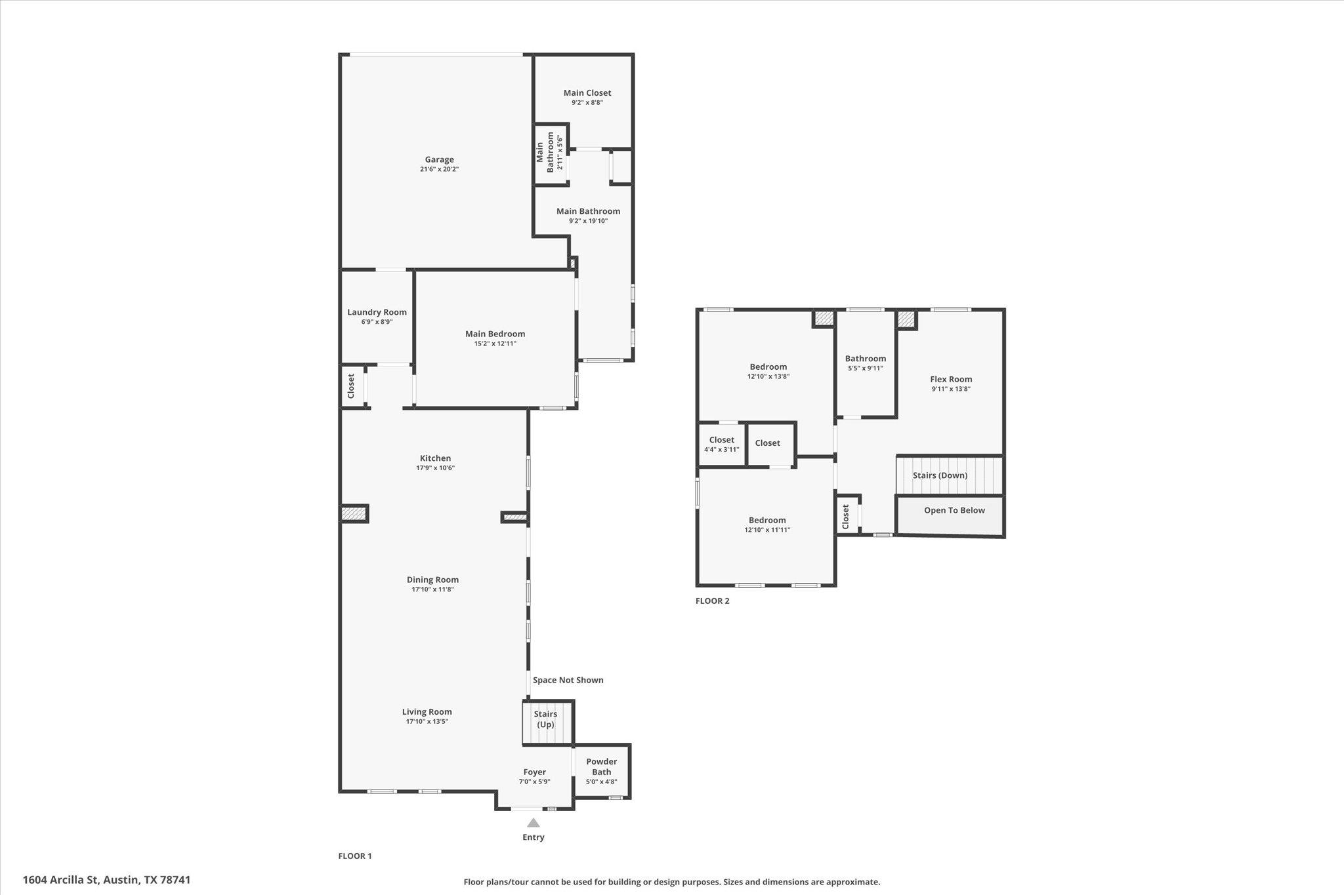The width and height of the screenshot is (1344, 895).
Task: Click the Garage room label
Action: point(439,159)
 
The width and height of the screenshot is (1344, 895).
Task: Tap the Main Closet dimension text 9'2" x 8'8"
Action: point(587,103)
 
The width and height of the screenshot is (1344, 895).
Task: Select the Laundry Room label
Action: point(377,312)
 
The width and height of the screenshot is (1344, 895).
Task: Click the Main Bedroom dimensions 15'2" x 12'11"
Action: point(495,344)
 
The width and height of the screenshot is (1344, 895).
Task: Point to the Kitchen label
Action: point(435,458)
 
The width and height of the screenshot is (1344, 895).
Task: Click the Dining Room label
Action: point(432,580)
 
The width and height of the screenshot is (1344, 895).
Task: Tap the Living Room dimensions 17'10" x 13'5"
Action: point(427,722)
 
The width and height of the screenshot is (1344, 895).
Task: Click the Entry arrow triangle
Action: point(534,823)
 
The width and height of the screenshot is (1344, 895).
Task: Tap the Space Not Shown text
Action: point(568,680)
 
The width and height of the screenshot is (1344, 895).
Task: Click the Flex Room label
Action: point(951,379)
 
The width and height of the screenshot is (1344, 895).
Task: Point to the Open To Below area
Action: point(954,511)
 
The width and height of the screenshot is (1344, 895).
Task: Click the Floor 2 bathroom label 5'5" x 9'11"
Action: point(865,368)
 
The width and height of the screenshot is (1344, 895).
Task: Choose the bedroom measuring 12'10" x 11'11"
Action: point(766,525)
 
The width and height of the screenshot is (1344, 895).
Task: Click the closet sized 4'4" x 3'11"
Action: point(721,445)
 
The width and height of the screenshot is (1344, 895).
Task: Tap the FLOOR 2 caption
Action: point(712,601)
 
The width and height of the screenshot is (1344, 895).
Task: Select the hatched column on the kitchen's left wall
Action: point(354,513)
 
